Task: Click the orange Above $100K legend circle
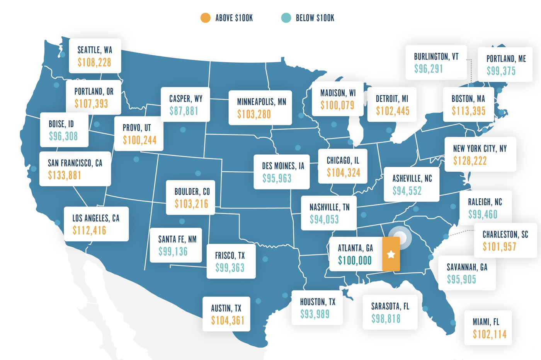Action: pyautogui.click(x=206, y=18)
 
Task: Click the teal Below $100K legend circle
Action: pyautogui.click(x=286, y=18)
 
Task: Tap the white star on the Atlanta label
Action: pyautogui.click(x=391, y=254)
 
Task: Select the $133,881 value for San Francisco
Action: pyautogui.click(x=65, y=176)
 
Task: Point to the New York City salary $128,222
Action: pyautogui.click(x=470, y=161)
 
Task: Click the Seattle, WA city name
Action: pyautogui.click(x=95, y=50)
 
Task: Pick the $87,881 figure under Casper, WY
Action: pyautogui.click(x=184, y=111)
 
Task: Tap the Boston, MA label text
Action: pyautogui.click(x=468, y=99)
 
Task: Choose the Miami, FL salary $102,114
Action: pyautogui.click(x=490, y=334)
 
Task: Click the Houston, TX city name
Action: pyautogui.click(x=318, y=302)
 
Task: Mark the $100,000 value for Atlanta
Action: pyautogui.click(x=355, y=261)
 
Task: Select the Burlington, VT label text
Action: pyautogui.click(x=436, y=57)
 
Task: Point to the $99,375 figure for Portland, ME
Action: pyautogui.click(x=501, y=71)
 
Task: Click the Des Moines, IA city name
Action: pyautogui.click(x=283, y=166)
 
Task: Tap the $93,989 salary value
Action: pyautogui.click(x=315, y=314)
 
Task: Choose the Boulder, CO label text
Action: pyautogui.click(x=192, y=192)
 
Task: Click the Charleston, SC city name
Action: pyautogui.click(x=505, y=235)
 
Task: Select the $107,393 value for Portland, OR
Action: pyautogui.click(x=91, y=104)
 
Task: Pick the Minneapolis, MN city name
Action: pyautogui.click(x=262, y=102)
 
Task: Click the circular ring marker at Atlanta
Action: pyautogui.click(x=400, y=237)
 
